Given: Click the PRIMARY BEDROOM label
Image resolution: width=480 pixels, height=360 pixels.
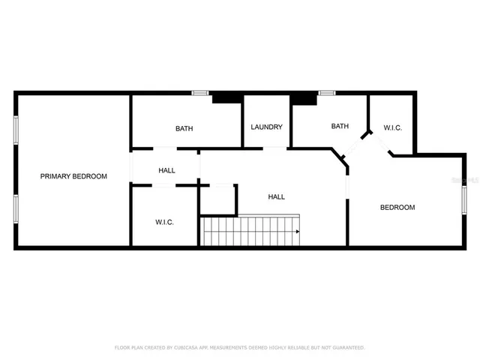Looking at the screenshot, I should [73, 176].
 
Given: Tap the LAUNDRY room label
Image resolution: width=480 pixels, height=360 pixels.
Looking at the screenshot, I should [267, 127].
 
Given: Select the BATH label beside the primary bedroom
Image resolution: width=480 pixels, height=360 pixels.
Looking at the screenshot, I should [184, 128].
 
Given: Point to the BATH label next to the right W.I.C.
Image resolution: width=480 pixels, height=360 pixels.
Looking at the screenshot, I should [340, 126].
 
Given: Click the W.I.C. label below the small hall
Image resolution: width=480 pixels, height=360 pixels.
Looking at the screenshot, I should [165, 222].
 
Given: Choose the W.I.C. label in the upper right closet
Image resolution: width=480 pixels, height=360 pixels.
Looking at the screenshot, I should [393, 128].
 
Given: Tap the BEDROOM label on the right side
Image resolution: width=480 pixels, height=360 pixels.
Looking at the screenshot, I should [397, 207].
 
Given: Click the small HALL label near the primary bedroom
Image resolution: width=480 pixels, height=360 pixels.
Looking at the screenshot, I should [167, 170].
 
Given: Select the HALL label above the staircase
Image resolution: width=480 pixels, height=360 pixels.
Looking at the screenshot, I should [277, 196].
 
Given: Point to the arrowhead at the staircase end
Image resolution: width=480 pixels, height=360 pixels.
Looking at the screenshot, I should [298, 231].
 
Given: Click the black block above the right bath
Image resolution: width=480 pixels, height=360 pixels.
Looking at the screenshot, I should [303, 97].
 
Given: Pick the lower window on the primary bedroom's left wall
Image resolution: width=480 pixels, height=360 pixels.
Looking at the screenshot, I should [16, 208].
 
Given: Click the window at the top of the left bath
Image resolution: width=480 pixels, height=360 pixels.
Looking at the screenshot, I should [200, 93].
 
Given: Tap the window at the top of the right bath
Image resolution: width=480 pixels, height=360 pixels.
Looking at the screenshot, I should [327, 93].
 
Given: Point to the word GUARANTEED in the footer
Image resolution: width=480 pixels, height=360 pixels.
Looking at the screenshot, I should [346, 347].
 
